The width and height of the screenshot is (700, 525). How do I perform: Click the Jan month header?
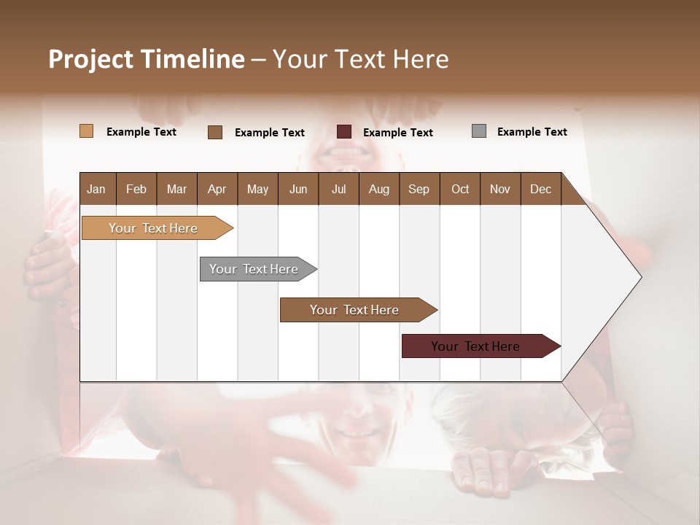pyautogui.click(x=96, y=189)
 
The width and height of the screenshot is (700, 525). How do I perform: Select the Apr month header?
pyautogui.click(x=217, y=189)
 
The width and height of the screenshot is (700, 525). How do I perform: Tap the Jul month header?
pyautogui.click(x=338, y=189)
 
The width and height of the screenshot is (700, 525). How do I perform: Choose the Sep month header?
pyautogui.click(x=419, y=189)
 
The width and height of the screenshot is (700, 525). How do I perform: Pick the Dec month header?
pyautogui.click(x=540, y=189)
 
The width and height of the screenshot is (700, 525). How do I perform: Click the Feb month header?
pyautogui.click(x=136, y=189)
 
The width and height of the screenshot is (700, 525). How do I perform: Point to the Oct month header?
pyautogui.click(x=460, y=189)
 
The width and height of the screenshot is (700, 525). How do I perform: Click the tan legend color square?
pyautogui.click(x=86, y=131)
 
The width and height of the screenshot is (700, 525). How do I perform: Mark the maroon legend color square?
pyautogui.click(x=344, y=132)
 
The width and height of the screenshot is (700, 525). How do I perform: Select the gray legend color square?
pyautogui.click(x=479, y=131)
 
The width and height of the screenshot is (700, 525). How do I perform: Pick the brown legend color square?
pyautogui.click(x=215, y=132)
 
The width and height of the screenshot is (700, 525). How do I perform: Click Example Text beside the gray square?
pyautogui.click(x=532, y=132)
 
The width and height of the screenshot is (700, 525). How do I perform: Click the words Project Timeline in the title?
pyautogui.click(x=147, y=59)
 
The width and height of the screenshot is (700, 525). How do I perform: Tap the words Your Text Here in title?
pyautogui.click(x=360, y=59)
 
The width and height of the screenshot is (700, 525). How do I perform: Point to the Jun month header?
pyautogui.click(x=298, y=189)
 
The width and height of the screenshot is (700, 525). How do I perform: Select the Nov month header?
pyautogui.click(x=500, y=189)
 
